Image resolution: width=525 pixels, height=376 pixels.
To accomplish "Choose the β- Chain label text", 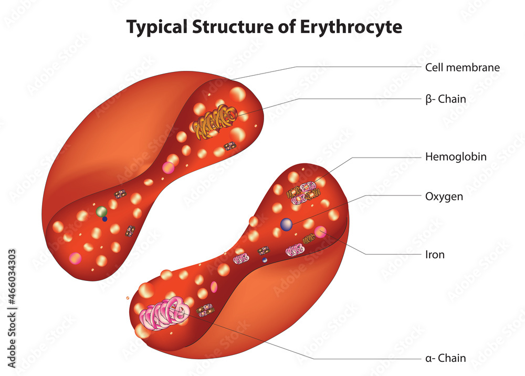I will coord(446,99).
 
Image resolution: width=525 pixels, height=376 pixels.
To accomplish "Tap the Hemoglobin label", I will coord(456,156).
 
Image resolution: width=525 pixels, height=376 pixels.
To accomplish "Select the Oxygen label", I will coord(444,196).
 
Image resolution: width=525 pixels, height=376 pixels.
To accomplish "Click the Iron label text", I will coord(435,255).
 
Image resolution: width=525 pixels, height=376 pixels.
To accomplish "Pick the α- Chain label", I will coord(446,359).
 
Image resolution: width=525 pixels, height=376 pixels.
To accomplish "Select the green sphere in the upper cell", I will coord(102,212).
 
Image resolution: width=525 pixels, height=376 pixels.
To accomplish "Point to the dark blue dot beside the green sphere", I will coord(105,219).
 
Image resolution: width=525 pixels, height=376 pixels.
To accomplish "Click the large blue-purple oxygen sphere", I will coord(286,224).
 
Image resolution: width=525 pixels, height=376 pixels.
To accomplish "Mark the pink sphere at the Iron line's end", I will coord(321,232).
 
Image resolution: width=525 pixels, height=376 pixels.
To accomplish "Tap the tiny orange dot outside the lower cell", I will coord(128,298).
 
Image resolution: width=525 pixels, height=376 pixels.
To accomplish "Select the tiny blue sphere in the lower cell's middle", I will coord(265,260).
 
